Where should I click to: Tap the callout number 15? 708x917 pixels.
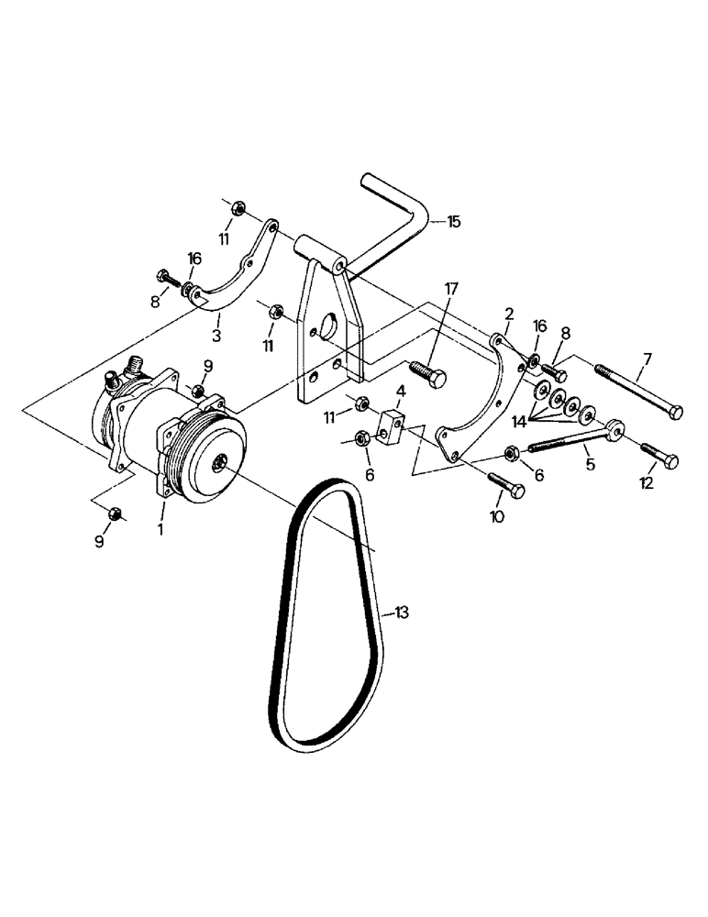[x=455, y=221]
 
